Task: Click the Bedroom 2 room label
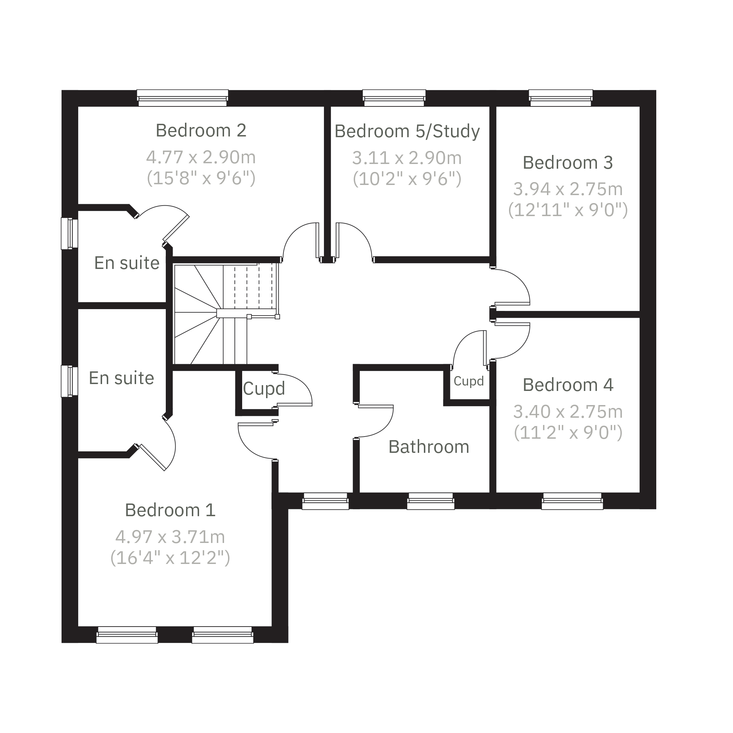pos(201,131)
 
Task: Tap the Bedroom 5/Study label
pos(407,132)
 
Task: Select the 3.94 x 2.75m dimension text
pos(568,189)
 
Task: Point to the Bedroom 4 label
pos(568,385)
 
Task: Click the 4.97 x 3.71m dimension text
pos(170,537)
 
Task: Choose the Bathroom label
pos(429,447)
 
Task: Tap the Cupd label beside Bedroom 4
pos(468,381)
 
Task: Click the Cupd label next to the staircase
pos(264,388)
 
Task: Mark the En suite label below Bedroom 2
pos(127,263)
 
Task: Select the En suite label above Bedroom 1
pos(121,378)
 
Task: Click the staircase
pos(226,314)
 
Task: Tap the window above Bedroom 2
pos(182,98)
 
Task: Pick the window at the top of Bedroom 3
pos(561,98)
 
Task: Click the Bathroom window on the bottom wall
pos(431,501)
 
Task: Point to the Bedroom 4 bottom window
pos(573,501)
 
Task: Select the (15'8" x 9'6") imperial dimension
pos(201,178)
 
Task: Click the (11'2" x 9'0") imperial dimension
pos(568,432)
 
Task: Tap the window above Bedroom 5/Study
pos(394,98)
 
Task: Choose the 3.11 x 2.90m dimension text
pos(407,158)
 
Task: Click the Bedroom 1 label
pos(170,510)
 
